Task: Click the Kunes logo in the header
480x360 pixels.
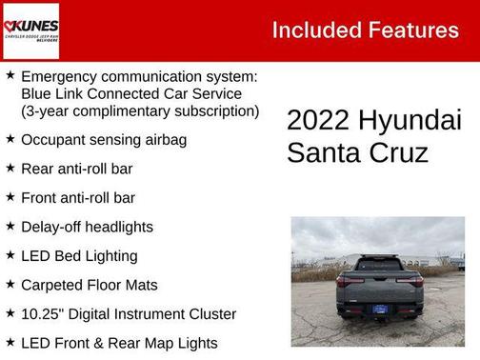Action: click(x=30, y=30)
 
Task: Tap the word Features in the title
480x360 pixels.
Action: click(x=411, y=30)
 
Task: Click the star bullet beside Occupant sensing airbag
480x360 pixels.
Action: click(x=10, y=139)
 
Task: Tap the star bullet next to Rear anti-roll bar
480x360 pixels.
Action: click(x=10, y=169)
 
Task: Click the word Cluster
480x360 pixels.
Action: click(x=210, y=313)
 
